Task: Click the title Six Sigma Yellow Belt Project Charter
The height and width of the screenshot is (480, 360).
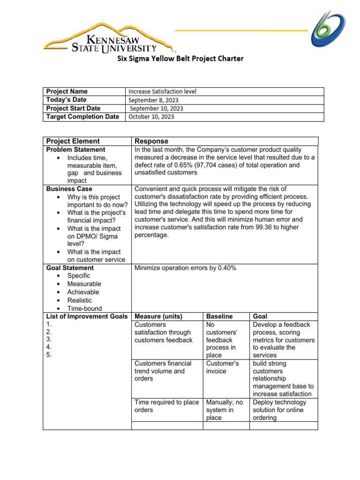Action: (x=180, y=59)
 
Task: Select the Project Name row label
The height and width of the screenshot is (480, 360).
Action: (x=67, y=91)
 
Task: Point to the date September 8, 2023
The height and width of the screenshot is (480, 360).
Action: (x=153, y=100)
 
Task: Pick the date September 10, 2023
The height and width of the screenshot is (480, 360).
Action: (x=156, y=109)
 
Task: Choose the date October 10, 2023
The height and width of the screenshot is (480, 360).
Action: (x=151, y=117)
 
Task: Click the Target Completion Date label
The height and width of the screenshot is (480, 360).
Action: (x=82, y=117)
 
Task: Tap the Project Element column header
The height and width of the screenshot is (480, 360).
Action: (x=73, y=141)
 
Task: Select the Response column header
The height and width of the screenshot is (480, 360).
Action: (x=151, y=141)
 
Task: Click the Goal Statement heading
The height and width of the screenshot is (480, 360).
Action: (x=70, y=268)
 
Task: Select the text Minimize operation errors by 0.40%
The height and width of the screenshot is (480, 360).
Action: (x=185, y=268)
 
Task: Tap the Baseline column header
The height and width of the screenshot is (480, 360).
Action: (x=219, y=316)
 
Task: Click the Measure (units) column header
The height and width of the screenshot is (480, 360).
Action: (x=158, y=316)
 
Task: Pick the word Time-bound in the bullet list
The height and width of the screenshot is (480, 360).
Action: (x=85, y=308)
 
